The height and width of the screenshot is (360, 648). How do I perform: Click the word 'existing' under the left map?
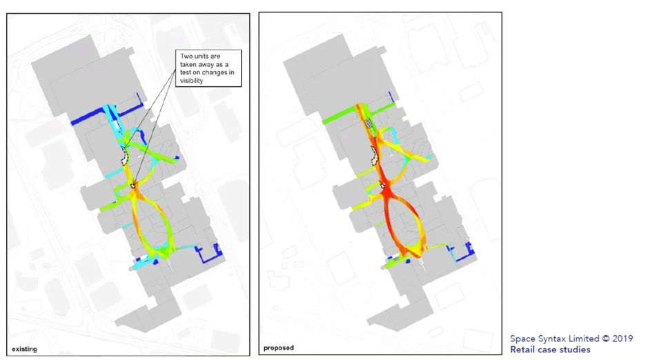tap(23, 349)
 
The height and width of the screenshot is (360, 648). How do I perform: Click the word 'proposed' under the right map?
tap(278, 348)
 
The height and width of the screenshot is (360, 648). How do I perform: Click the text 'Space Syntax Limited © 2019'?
tap(571, 339)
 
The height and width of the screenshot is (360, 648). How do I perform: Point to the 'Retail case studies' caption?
tap(550, 350)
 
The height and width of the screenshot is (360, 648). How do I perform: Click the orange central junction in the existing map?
tap(134, 188)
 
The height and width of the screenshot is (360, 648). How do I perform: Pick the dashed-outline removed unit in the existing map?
tap(126, 157)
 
